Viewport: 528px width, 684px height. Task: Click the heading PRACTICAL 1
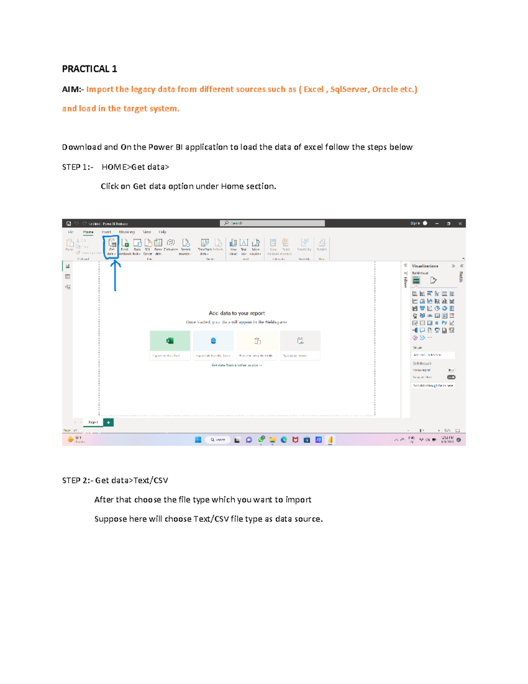[x=89, y=69]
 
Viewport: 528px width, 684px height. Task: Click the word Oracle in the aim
[x=385, y=89]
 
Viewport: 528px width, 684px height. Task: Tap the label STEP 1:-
[x=77, y=167]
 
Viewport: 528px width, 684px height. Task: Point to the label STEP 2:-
[x=77, y=480]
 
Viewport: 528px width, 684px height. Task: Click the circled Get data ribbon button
[x=112, y=246]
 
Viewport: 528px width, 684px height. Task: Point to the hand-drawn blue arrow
[x=115, y=275]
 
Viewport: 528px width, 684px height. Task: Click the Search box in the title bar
[x=272, y=223]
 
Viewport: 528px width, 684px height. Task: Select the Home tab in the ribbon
[x=88, y=232]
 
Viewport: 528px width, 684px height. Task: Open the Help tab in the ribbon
[x=162, y=232]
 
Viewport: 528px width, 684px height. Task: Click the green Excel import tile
[x=170, y=341]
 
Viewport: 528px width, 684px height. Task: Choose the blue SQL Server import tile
[x=213, y=341]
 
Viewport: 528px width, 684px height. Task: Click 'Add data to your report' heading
[x=237, y=313]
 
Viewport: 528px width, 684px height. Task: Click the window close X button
[x=460, y=223]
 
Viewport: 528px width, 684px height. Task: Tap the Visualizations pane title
[x=425, y=266]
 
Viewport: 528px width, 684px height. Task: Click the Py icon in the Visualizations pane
[x=444, y=323]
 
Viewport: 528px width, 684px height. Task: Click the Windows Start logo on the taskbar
[x=198, y=440]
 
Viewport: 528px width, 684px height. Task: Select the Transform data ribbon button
[x=205, y=246]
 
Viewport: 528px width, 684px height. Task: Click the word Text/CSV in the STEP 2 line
[x=150, y=480]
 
